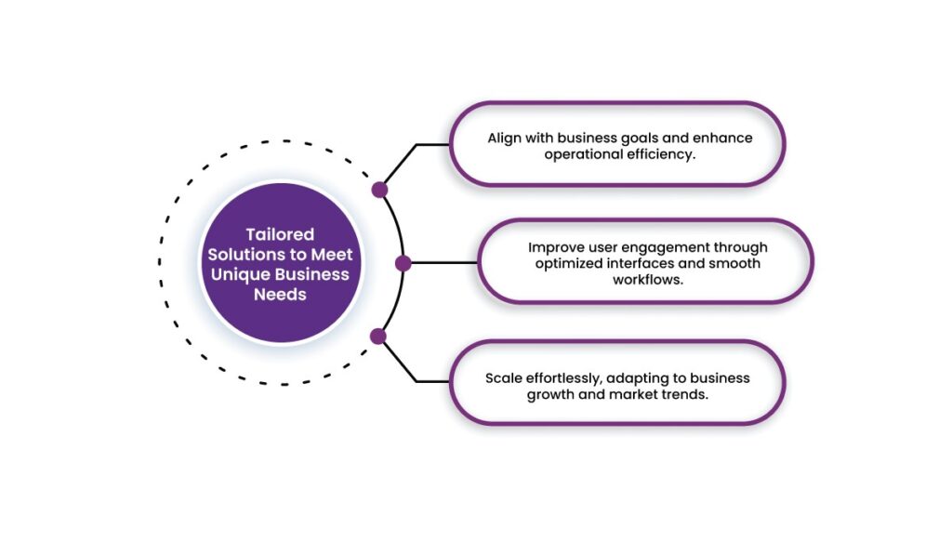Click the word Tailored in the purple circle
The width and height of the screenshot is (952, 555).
tap(280, 234)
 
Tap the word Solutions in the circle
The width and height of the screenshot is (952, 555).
tap(245, 255)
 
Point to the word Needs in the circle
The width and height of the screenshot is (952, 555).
tap(280, 295)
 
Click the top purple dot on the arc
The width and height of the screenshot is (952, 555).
tap(379, 190)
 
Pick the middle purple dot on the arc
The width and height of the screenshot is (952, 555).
tap(403, 264)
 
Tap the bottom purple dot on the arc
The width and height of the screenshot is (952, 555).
tap(377, 336)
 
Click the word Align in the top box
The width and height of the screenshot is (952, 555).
tap(505, 138)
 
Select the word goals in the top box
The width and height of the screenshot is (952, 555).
tap(614, 138)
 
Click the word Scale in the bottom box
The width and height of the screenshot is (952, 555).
tap(504, 378)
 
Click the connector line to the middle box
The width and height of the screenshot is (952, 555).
tap(443, 264)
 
